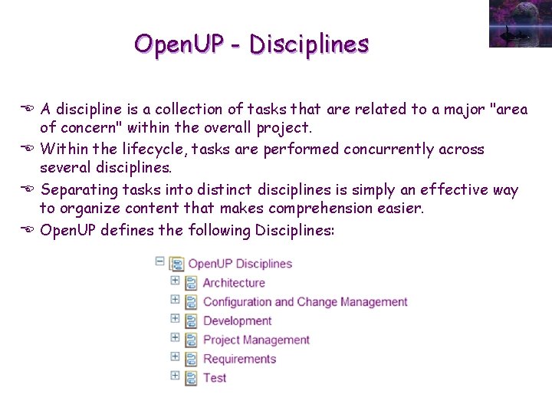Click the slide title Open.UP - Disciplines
tap(251, 44)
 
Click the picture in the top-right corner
tap(520, 24)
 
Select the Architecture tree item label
tap(234, 283)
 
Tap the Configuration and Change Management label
tap(305, 302)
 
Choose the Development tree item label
tap(237, 321)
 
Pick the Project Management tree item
tap(256, 340)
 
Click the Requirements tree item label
tap(239, 359)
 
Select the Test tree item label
tap(215, 378)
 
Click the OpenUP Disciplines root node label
tap(240, 264)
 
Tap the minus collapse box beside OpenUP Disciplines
tap(159, 261)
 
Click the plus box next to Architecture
tap(175, 281)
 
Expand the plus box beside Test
tap(175, 376)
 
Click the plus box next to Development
tap(175, 318)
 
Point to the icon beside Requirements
tap(192, 359)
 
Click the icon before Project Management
tap(192, 340)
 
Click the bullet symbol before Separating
tap(30, 189)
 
